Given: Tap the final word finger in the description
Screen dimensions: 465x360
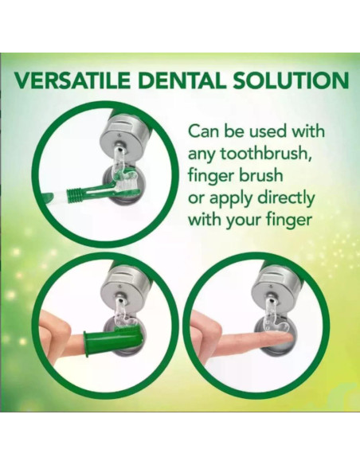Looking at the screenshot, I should tap(299, 219).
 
